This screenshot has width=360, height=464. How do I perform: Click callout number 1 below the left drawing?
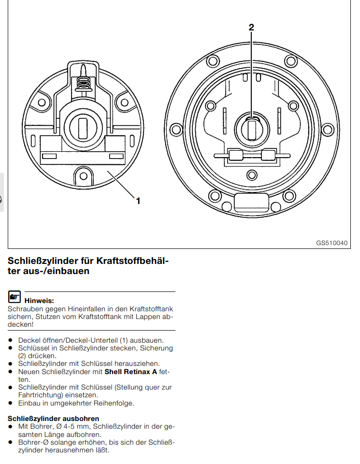click(x=138, y=200)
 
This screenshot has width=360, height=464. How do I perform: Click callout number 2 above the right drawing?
click(x=251, y=28)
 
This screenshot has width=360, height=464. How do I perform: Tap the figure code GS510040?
click(x=332, y=243)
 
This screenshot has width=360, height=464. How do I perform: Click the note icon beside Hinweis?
click(x=14, y=297)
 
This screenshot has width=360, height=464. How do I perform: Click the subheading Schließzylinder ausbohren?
click(x=54, y=418)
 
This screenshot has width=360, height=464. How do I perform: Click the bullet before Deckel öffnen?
click(x=10, y=340)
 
